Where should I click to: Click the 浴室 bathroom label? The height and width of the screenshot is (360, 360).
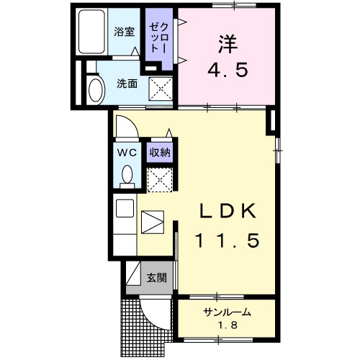(x=125, y=32)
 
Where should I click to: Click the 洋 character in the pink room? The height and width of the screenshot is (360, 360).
(x=228, y=42)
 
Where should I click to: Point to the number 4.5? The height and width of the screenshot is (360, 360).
(x=228, y=71)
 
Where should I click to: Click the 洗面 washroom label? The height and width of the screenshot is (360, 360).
(x=127, y=84)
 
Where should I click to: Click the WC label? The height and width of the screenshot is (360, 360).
(x=127, y=152)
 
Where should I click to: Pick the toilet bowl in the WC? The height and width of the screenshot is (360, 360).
(x=127, y=175)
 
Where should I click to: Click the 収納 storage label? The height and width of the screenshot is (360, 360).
(x=159, y=152)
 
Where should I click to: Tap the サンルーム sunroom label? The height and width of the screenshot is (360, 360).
(x=227, y=312)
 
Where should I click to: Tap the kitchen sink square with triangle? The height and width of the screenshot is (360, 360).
(x=153, y=222)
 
